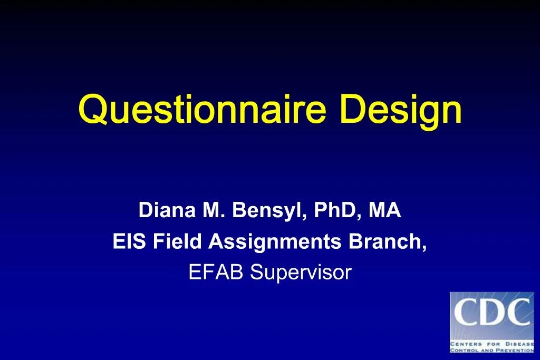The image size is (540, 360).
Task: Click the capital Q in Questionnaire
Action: pyautogui.click(x=91, y=110)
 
